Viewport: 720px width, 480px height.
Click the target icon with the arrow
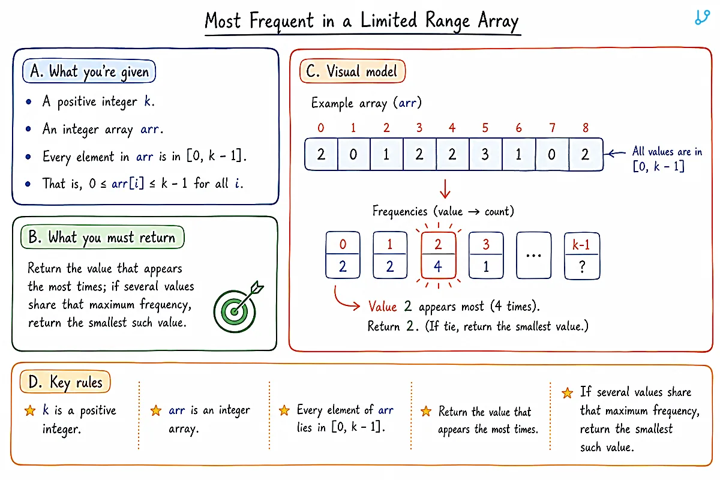point(237,308)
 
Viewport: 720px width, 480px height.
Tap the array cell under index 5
point(485,154)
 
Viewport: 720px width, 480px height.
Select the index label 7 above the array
point(552,128)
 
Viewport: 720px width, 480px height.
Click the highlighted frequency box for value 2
point(438,255)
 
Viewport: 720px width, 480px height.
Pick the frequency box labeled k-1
point(582,256)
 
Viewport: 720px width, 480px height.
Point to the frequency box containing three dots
point(533,255)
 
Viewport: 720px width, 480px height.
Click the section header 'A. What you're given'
point(89,71)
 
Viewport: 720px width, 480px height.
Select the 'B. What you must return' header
point(103,237)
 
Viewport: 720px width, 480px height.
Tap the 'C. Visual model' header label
point(352,71)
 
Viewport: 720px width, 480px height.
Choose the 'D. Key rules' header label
point(65,382)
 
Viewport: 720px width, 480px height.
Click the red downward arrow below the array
point(445,189)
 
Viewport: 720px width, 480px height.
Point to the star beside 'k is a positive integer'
point(30,410)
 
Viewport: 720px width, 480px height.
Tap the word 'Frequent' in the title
point(281,21)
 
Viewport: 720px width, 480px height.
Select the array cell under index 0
point(321,154)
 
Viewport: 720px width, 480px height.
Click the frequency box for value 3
point(486,255)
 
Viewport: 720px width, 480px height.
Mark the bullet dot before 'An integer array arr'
point(28,129)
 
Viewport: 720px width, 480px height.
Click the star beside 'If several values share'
point(568,393)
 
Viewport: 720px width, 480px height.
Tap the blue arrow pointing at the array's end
point(614,154)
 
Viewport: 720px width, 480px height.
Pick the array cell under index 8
point(586,154)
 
